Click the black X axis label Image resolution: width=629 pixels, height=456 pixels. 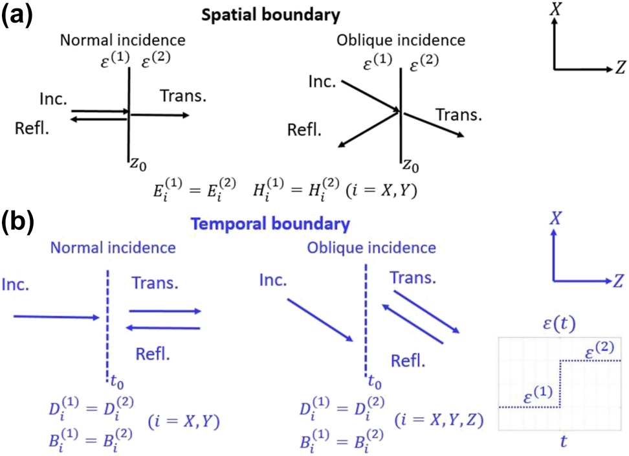click(x=554, y=9)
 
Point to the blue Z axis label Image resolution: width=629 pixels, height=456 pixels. click(x=618, y=281)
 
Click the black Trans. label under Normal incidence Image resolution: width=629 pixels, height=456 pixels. click(x=182, y=96)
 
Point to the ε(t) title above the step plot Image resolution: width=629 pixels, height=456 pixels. click(x=560, y=323)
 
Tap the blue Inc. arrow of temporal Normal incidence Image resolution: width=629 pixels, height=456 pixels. click(x=55, y=317)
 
